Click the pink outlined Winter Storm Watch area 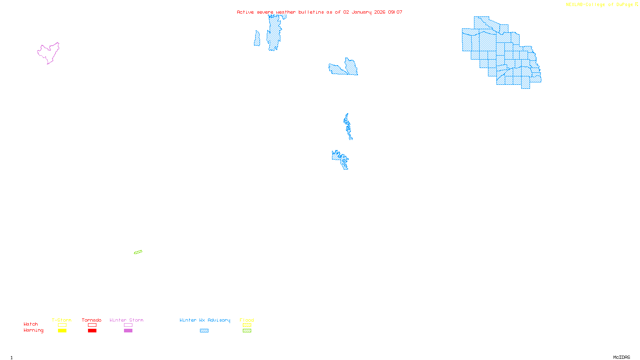coord(49,53)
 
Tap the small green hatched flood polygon coord(138,252)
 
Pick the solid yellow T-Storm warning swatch coord(62,330)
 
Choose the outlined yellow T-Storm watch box coord(62,325)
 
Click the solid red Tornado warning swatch coord(92,330)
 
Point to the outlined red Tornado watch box coord(92,325)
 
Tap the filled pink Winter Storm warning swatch coord(128,330)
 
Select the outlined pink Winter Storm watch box coord(128,325)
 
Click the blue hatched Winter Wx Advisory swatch coord(204,330)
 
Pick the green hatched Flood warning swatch coord(247,330)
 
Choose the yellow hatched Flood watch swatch coord(247,325)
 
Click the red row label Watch coord(31,324)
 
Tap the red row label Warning coord(33,330)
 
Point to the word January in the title coord(362,12)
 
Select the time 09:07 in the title coord(395,12)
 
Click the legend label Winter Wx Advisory coord(205,320)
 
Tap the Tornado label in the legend coord(92,320)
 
